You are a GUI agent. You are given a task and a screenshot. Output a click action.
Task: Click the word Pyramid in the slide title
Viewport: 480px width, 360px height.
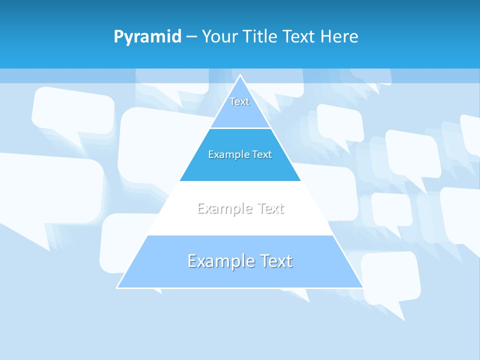click(x=147, y=37)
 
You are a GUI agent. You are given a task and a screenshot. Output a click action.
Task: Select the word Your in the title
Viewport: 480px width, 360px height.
click(x=220, y=37)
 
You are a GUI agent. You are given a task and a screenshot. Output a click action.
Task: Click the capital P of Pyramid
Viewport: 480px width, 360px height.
click(x=118, y=37)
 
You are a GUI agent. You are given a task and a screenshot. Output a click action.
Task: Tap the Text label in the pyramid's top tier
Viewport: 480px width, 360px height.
click(x=239, y=101)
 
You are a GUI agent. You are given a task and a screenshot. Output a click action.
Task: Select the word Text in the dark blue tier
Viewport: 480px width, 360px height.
click(x=261, y=155)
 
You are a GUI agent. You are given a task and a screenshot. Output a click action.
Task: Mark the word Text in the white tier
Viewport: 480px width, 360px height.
click(x=271, y=208)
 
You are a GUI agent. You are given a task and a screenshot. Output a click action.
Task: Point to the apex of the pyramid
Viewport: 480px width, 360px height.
click(x=240, y=76)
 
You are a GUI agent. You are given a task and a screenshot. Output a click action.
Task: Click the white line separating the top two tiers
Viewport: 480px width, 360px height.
click(x=240, y=128)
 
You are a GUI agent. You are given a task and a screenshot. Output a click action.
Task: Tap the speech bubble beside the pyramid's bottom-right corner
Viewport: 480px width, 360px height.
click(x=390, y=277)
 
